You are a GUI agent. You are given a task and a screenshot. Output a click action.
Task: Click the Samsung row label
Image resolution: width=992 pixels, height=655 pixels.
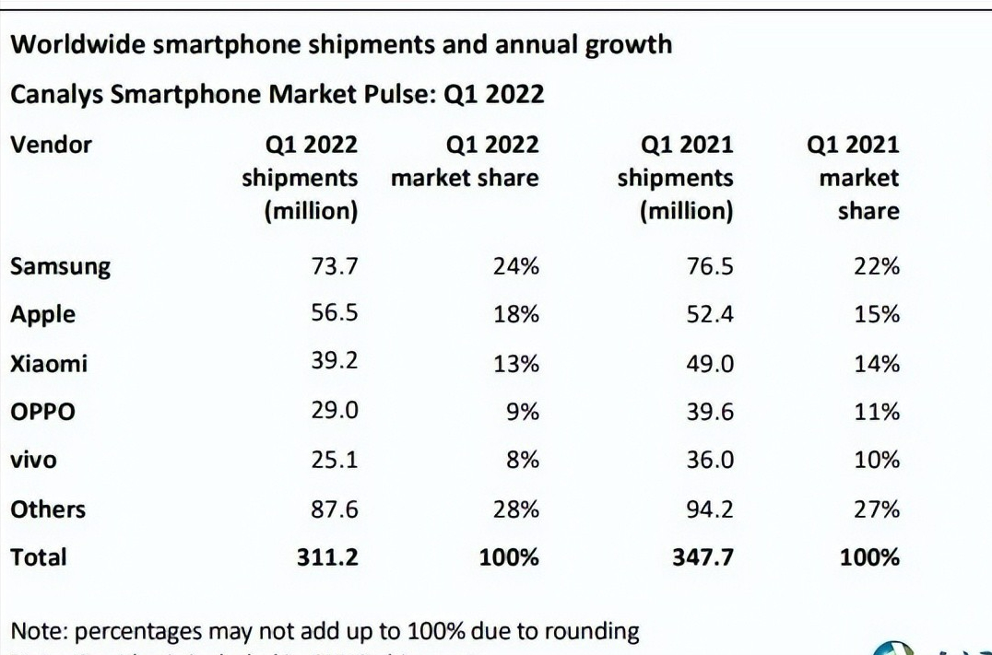[60, 267]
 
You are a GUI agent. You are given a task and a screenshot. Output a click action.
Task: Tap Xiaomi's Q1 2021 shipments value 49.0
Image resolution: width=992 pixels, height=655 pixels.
[709, 364]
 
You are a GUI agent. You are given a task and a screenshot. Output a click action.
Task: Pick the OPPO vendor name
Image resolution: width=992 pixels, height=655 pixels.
[41, 412]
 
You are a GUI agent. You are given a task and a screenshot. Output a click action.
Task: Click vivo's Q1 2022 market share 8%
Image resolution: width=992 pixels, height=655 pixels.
[522, 460]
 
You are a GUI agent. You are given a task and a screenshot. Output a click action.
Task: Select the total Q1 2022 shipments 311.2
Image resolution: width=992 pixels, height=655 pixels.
[326, 556]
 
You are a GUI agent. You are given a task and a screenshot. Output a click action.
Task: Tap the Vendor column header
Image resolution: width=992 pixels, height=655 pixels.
[51, 145]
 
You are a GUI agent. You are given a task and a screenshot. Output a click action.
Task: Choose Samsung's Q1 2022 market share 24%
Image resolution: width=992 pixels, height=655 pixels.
[516, 267]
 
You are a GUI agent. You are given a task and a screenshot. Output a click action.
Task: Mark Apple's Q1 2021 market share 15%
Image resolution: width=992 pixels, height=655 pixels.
[877, 315]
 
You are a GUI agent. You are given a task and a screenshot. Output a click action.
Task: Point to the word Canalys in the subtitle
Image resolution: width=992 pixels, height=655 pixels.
[58, 94]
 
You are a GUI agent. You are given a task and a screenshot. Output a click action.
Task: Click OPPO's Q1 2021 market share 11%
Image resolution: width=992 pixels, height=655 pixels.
[877, 412]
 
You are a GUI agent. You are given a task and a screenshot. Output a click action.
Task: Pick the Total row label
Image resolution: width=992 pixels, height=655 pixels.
[38, 556]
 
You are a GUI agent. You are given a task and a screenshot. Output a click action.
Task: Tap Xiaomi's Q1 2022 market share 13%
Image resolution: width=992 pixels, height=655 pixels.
[516, 364]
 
